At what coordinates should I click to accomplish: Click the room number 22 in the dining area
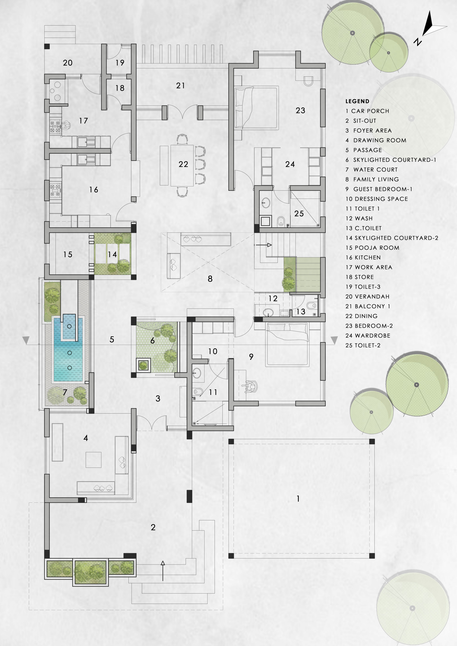coord(183,164)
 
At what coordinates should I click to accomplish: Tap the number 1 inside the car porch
coord(298,499)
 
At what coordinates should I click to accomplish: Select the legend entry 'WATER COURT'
coord(376,170)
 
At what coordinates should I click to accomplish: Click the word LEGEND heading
coord(357,101)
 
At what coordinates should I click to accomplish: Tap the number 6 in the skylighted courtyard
coord(153,341)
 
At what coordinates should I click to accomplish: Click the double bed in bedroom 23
coord(257,108)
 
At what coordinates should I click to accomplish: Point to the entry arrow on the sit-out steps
coord(163,571)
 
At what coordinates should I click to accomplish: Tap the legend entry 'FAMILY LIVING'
coord(376,179)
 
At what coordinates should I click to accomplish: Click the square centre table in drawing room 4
coord(93,460)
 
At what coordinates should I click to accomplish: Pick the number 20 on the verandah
coord(68,63)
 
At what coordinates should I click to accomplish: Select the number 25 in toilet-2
coord(299,213)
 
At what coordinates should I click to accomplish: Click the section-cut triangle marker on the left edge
coord(26,340)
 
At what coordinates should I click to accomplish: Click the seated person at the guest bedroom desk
coord(250,387)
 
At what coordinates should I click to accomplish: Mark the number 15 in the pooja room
coord(68,255)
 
